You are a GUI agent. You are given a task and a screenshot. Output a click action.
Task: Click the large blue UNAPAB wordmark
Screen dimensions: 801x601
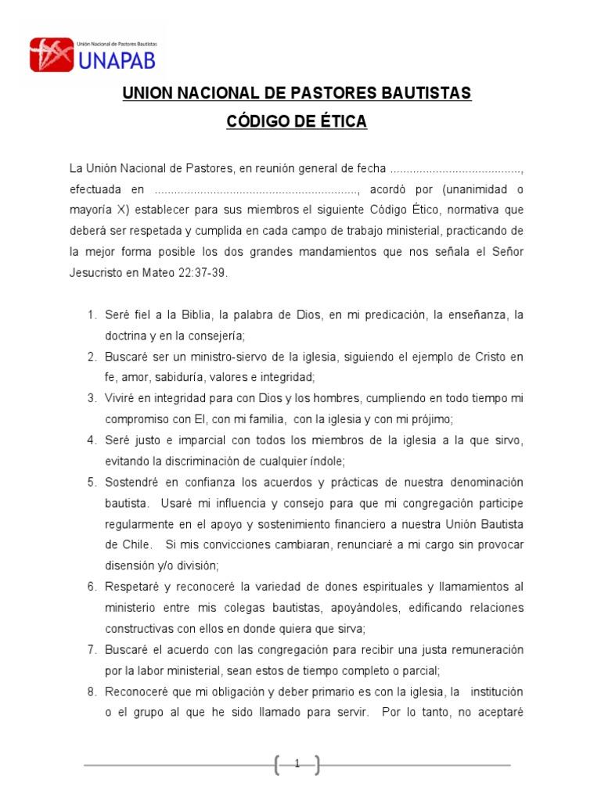[117, 60]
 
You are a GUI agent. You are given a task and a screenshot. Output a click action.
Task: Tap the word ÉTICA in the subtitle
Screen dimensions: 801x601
[338, 123]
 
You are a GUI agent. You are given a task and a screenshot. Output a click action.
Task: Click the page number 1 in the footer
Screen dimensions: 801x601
[297, 763]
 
